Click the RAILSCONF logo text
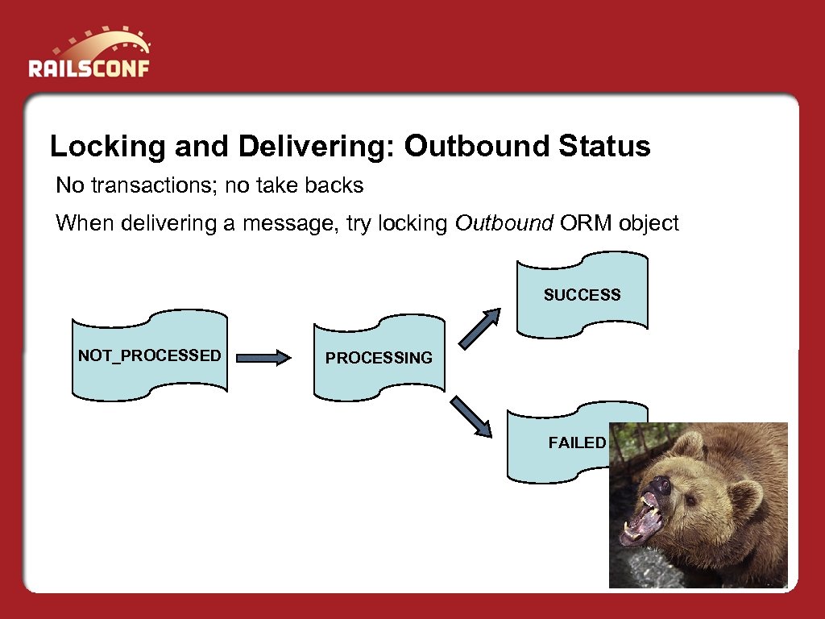pos(89,68)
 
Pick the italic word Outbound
pos(504,223)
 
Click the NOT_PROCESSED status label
pos(149,355)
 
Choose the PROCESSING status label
pos(379,358)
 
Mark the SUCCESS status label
pos(582,295)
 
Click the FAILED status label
pos(577,442)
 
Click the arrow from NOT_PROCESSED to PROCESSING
pos(264,357)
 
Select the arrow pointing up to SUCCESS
pos(480,330)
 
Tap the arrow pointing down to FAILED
pos(471,416)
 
